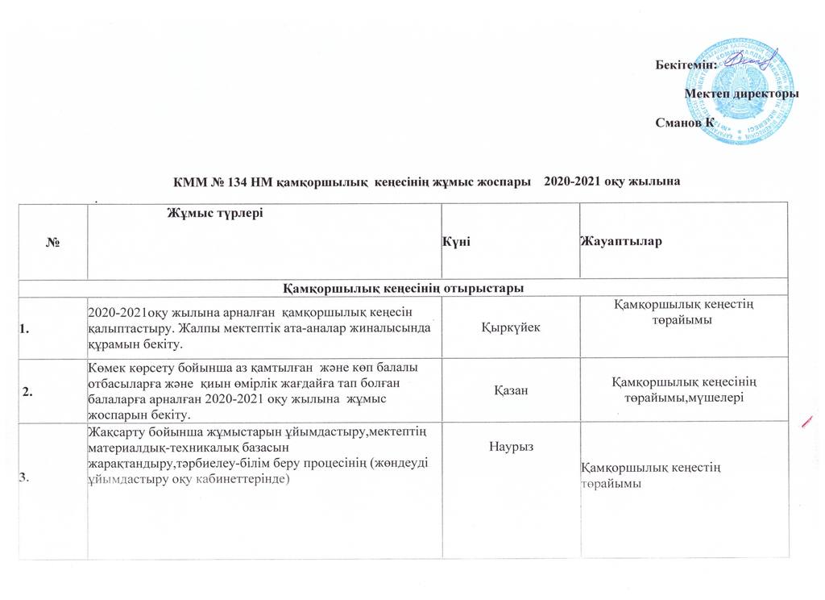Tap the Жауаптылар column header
(620, 243)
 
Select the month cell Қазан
(510, 391)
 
